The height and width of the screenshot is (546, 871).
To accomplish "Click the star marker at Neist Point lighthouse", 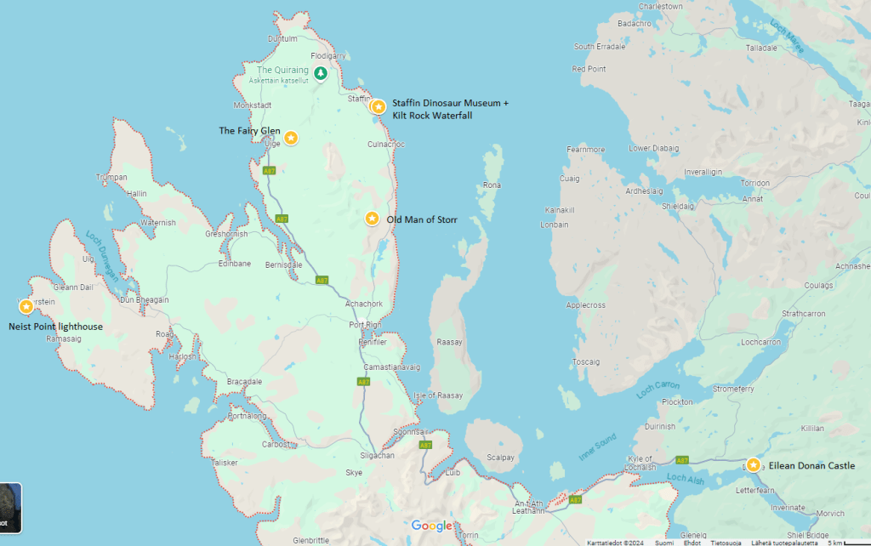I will [26, 306].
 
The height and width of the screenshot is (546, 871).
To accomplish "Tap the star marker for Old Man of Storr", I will [372, 219].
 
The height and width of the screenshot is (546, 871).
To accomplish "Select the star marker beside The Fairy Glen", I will [291, 138].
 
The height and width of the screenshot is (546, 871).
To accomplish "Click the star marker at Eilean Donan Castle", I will [753, 465].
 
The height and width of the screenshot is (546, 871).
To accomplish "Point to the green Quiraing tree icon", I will [320, 73].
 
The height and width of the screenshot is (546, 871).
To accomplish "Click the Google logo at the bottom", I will [432, 526].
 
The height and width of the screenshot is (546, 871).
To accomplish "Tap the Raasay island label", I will [449, 341].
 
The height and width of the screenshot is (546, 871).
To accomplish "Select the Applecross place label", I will [585, 304].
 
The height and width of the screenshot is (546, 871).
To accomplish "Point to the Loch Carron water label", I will [658, 390].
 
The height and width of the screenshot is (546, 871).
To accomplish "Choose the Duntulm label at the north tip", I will [282, 38].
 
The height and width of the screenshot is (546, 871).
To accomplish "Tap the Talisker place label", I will [225, 463].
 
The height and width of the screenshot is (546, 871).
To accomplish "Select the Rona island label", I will [492, 185].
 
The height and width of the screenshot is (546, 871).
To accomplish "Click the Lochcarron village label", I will [760, 342].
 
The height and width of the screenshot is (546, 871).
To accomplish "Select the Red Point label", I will [589, 69].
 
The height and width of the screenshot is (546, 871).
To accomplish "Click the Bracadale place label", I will [244, 382].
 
